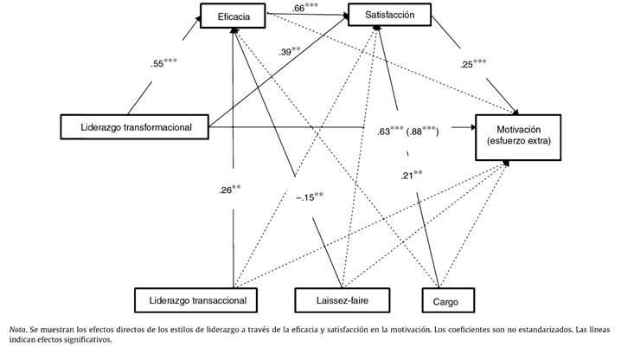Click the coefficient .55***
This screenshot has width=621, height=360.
pyautogui.click(x=167, y=63)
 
